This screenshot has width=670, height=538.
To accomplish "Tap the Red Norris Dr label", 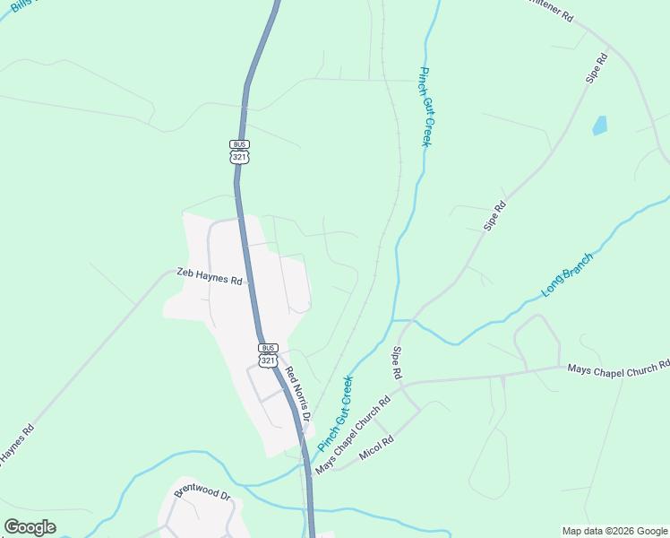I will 297,394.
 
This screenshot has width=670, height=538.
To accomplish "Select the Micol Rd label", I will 377,449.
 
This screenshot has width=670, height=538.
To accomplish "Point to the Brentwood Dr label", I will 202,494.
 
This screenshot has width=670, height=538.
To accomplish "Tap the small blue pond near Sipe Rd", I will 599,126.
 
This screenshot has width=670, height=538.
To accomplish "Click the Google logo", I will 30,527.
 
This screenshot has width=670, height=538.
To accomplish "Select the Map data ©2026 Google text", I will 615,531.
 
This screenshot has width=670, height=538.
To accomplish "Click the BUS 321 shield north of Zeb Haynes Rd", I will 239,151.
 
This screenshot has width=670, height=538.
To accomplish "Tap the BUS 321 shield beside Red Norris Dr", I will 268,354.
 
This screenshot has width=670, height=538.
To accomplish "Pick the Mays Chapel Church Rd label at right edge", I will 619,367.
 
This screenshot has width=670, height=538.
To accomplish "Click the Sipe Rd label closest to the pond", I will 597,70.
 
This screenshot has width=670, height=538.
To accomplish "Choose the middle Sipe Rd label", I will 495,216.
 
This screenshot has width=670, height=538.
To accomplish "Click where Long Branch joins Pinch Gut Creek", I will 394,319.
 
